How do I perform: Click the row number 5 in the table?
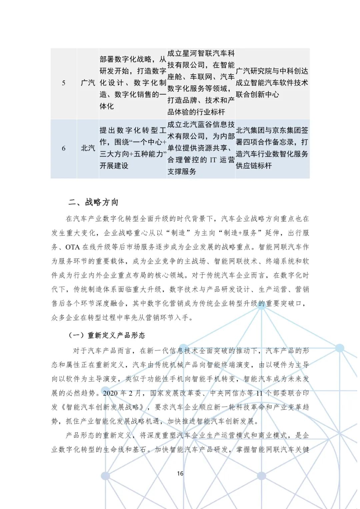[x=64, y=83]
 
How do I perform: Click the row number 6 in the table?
[x=64, y=148]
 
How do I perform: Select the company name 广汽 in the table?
[x=88, y=83]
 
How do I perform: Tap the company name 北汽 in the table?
[x=88, y=148]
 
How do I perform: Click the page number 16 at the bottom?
[x=180, y=473]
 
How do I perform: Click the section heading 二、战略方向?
[x=93, y=202]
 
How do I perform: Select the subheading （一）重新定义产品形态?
[x=107, y=335]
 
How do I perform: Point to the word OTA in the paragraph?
[x=72, y=247]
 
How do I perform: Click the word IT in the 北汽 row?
[x=213, y=160]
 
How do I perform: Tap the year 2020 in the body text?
[x=110, y=393]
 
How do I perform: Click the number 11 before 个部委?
[x=259, y=393]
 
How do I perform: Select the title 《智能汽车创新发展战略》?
[x=105, y=407]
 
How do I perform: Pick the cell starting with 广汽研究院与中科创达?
[x=272, y=83]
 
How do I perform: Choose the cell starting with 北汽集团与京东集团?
[x=272, y=148]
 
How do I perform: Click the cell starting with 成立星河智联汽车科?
[x=201, y=83]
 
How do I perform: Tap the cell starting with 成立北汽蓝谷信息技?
[x=201, y=148]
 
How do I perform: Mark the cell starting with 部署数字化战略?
[x=133, y=83]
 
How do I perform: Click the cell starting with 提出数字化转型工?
[x=133, y=148]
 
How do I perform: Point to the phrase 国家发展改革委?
[x=175, y=393]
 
